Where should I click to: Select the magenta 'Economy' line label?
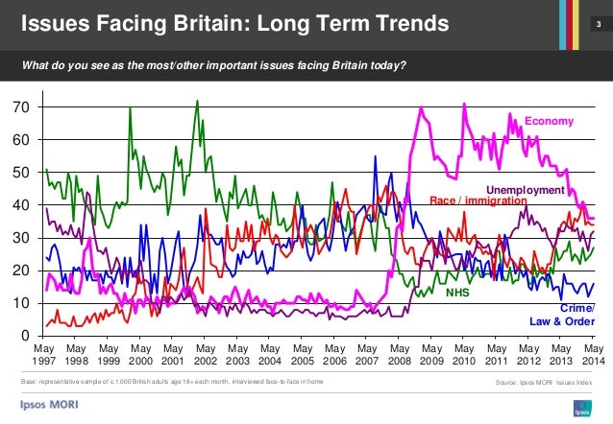point(549,121)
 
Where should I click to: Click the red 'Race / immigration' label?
point(477,201)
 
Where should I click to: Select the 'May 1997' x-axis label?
point(43,356)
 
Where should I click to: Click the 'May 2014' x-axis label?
point(594,356)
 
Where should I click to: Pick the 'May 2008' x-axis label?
point(400,356)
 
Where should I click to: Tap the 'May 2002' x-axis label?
point(206,356)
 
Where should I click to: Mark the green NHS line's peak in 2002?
point(197,101)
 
